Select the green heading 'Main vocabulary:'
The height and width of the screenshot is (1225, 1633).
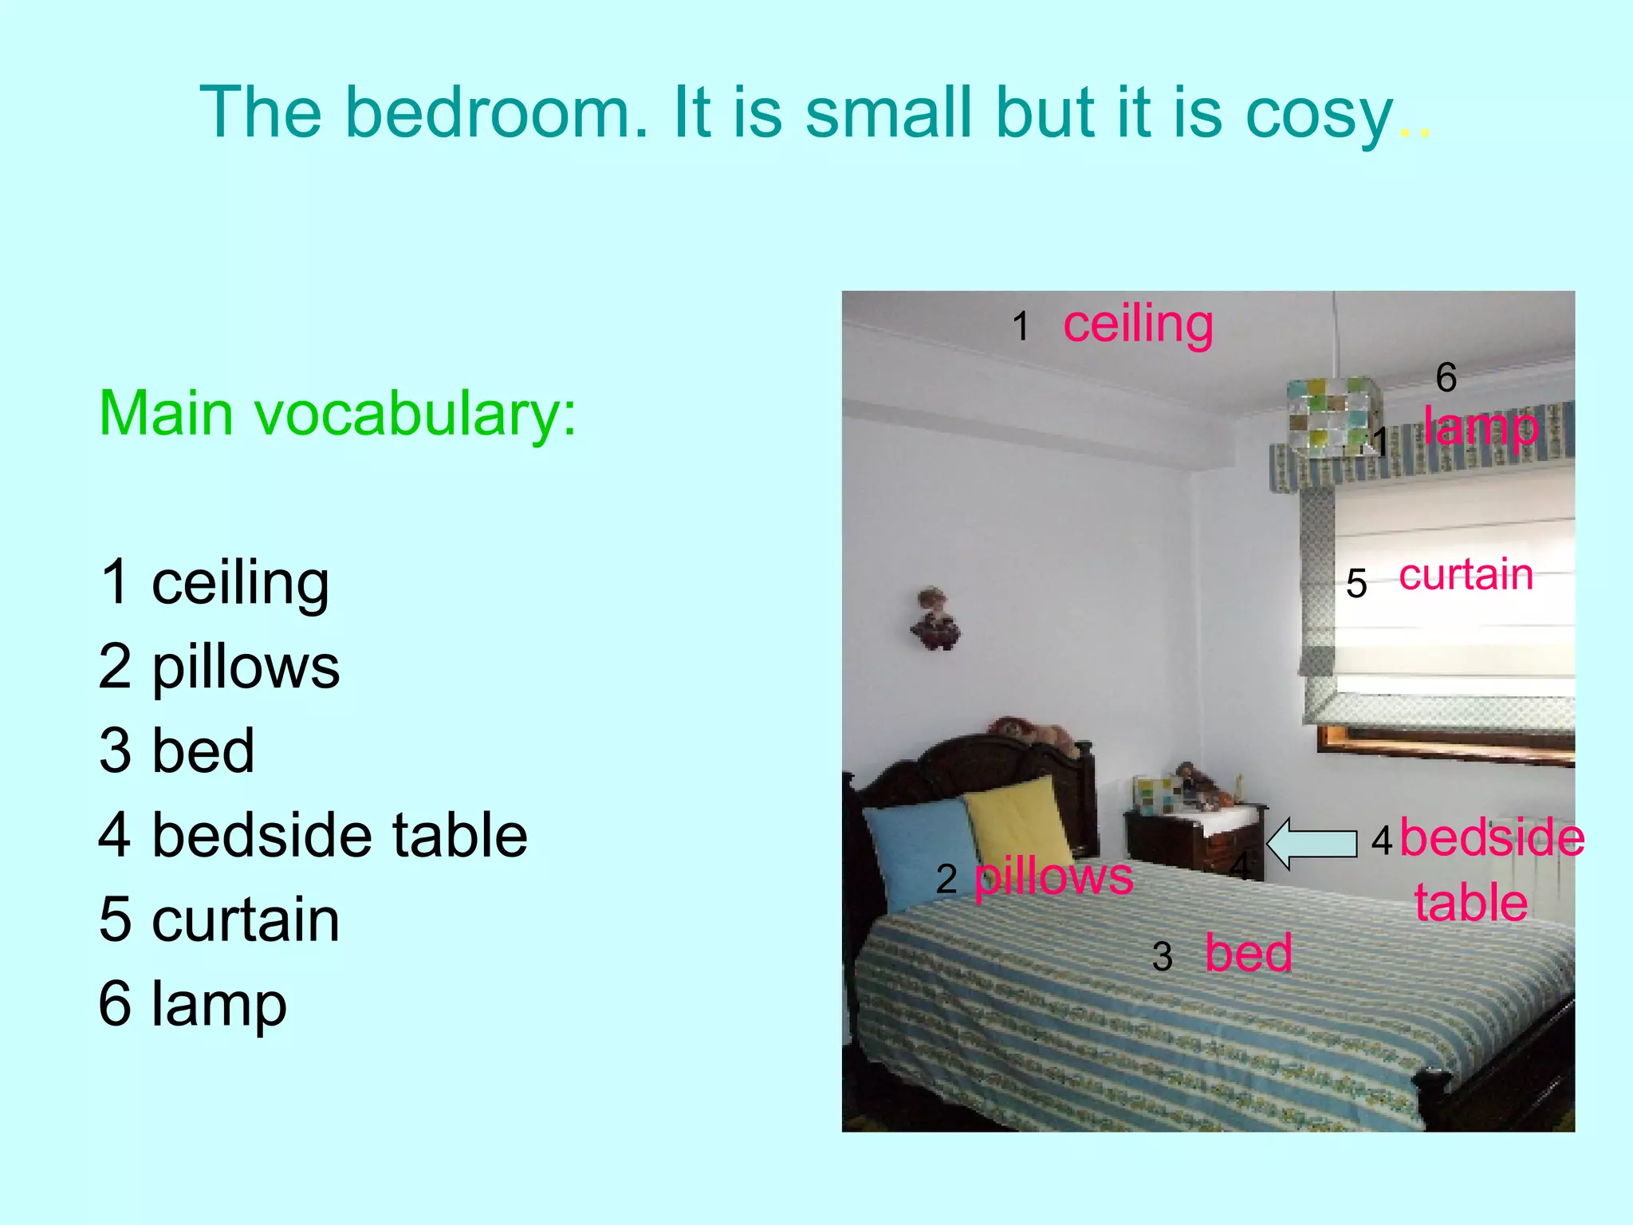337,414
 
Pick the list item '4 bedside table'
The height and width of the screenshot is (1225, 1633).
313,835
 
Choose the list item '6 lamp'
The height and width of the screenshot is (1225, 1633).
192,1003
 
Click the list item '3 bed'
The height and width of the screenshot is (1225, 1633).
176,750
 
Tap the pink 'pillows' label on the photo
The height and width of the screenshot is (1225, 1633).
1053,877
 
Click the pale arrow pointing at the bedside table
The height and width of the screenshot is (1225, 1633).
1311,844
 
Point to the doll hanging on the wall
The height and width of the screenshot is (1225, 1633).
935,619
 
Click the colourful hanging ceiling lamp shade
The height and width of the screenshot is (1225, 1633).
1332,415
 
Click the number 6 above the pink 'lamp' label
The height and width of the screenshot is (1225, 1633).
1446,377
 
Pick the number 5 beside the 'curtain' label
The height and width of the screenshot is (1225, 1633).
1356,584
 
